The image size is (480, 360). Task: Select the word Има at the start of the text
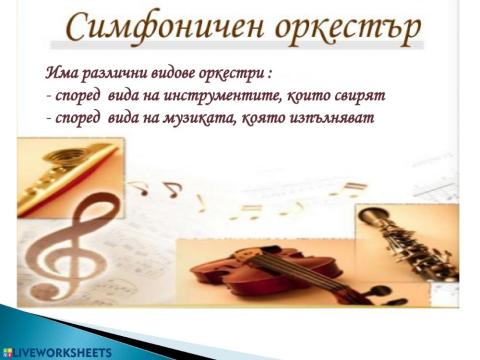point(61,72)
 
